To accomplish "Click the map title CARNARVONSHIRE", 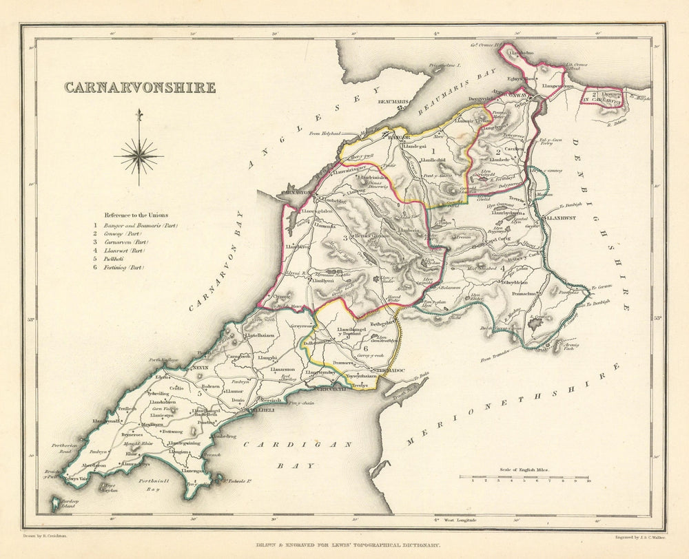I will coord(140,88).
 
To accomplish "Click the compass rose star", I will coord(138,156).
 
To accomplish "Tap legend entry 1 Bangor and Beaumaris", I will coord(137,225).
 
